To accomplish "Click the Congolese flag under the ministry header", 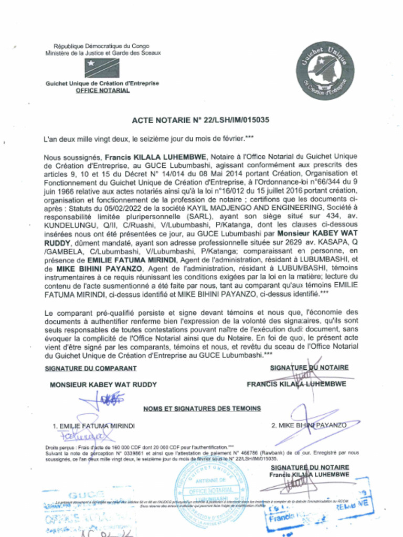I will (x=102, y=68).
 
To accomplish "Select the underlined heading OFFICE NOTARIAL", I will (x=102, y=90).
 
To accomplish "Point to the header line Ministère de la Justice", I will (x=103, y=53).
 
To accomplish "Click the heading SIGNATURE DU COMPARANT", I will (x=87, y=368).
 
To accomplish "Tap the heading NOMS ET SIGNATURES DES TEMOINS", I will (x=201, y=409).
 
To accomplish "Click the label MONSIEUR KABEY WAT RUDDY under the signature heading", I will (x=103, y=384).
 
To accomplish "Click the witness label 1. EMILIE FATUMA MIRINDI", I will (x=93, y=426).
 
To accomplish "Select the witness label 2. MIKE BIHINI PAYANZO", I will (x=309, y=425).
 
